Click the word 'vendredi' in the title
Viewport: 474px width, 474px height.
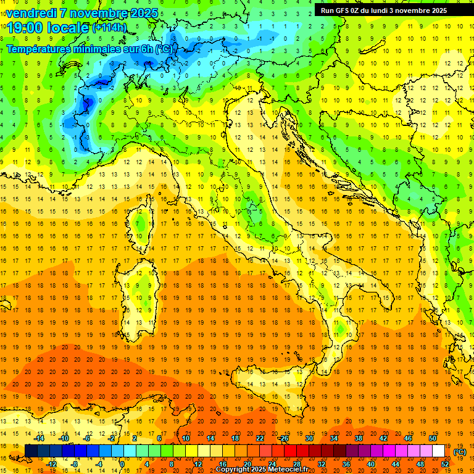coord(31,12)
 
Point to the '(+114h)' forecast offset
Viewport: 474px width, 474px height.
coord(110,27)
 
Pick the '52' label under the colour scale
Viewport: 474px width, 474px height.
coord(445,464)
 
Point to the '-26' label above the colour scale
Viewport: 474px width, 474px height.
coord(283,438)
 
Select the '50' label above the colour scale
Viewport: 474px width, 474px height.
coord(432,438)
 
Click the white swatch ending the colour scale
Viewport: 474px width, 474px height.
coord(438,451)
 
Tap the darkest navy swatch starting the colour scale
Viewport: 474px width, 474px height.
coord(31,451)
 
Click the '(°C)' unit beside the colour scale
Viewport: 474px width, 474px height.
coord(459,452)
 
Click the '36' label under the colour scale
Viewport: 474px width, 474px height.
coord(346,464)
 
